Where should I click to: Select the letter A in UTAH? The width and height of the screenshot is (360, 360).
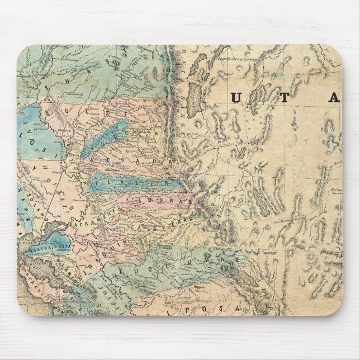point(334,98)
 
